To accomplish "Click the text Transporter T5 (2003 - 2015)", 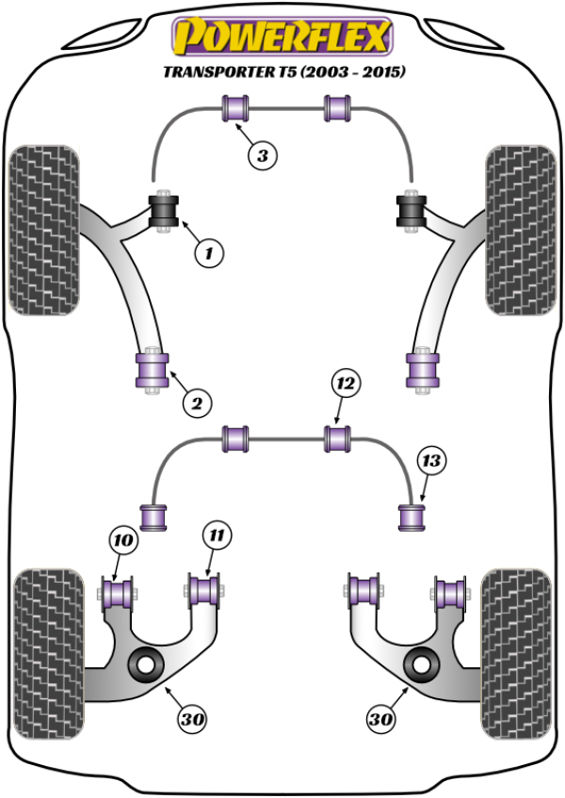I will pos(282,72).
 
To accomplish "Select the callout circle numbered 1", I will pos(210,251).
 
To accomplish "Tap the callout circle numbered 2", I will pos(196,404).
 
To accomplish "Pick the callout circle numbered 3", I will pos(265,156).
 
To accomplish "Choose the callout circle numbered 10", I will pos(121,540).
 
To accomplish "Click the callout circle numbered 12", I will pos(346,383).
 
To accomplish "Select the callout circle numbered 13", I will pos(430,461).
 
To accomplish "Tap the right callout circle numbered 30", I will pos(380,720).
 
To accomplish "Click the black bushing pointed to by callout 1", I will pos(166,209).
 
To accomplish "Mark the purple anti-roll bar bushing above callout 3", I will pos(234,108).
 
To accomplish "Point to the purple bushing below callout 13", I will pos(410,516).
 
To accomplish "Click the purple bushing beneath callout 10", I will pos(119,593).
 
